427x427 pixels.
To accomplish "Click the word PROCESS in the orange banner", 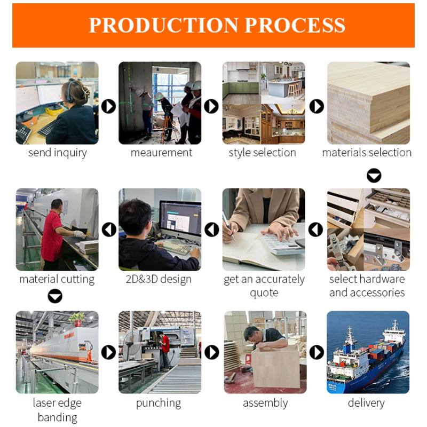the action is click(x=295, y=25).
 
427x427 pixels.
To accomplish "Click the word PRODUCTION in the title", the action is click(x=163, y=25).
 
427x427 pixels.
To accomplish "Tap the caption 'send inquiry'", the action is click(x=58, y=153).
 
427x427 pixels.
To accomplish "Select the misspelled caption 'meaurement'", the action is click(x=162, y=153).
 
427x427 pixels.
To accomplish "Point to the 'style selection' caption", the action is click(x=262, y=153).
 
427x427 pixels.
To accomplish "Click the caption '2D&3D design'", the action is click(x=159, y=279).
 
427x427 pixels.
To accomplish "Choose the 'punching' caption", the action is click(x=159, y=404).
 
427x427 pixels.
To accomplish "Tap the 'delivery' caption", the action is click(x=366, y=404).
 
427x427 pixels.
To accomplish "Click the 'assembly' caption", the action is click(x=265, y=404).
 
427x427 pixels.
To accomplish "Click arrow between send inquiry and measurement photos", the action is click(x=109, y=106).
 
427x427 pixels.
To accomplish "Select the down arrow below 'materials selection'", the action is click(x=374, y=176).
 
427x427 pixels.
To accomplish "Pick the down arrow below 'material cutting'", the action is click(x=55, y=296).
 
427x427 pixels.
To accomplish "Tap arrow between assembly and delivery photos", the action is click(x=317, y=352).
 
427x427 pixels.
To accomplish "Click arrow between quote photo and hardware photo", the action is click(x=315, y=230).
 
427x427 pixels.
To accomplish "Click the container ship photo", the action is click(x=368, y=352).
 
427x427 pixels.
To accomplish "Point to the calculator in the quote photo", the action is click(x=282, y=243).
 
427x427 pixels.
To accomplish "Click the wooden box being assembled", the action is click(x=275, y=366).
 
